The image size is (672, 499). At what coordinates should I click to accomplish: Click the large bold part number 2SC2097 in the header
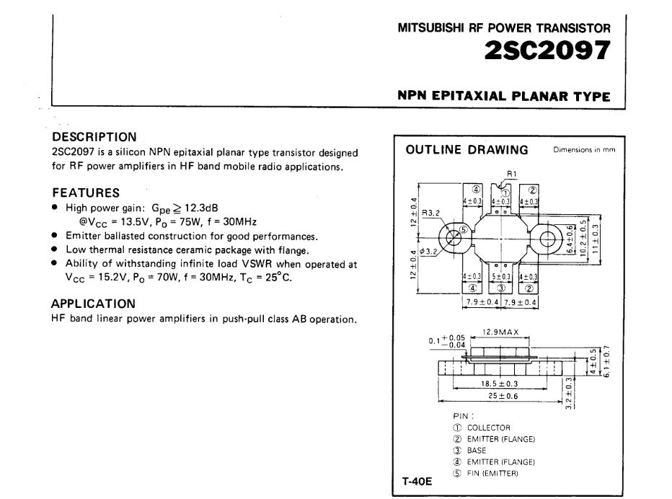(x=547, y=50)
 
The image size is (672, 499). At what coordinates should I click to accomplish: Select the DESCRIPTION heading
(x=94, y=137)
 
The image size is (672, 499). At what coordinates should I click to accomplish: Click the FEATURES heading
(x=86, y=193)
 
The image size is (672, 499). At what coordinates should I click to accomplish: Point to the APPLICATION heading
(x=93, y=304)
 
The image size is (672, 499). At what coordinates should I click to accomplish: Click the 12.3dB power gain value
(x=201, y=208)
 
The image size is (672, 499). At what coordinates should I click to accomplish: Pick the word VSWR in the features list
(x=257, y=263)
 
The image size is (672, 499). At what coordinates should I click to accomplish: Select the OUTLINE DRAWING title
(x=467, y=149)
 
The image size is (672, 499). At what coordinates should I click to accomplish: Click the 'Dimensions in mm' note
(x=584, y=149)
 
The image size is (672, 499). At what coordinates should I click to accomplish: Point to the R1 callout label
(x=512, y=174)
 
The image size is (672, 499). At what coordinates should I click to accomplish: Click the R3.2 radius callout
(x=430, y=213)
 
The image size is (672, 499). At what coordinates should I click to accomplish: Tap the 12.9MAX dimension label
(x=500, y=332)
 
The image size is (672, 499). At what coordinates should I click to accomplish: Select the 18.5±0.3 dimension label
(x=499, y=384)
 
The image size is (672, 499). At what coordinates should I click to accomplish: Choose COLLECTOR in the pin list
(x=489, y=428)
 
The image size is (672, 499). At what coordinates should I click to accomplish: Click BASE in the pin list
(x=476, y=451)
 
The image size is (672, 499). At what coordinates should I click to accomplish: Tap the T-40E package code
(x=417, y=482)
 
